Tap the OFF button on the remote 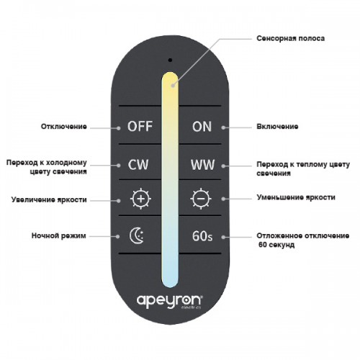point(140,126)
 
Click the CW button point(138,165)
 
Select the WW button point(202,165)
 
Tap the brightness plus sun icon point(140,199)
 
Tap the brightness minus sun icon point(201,199)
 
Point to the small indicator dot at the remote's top point(170,60)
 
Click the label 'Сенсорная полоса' point(291,38)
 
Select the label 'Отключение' point(64,127)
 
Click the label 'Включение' point(277,127)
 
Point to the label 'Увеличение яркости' point(49,199)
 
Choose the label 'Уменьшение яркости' point(296,197)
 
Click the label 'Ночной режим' point(59,235)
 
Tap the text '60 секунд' point(276,245)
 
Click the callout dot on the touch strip point(174,85)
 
